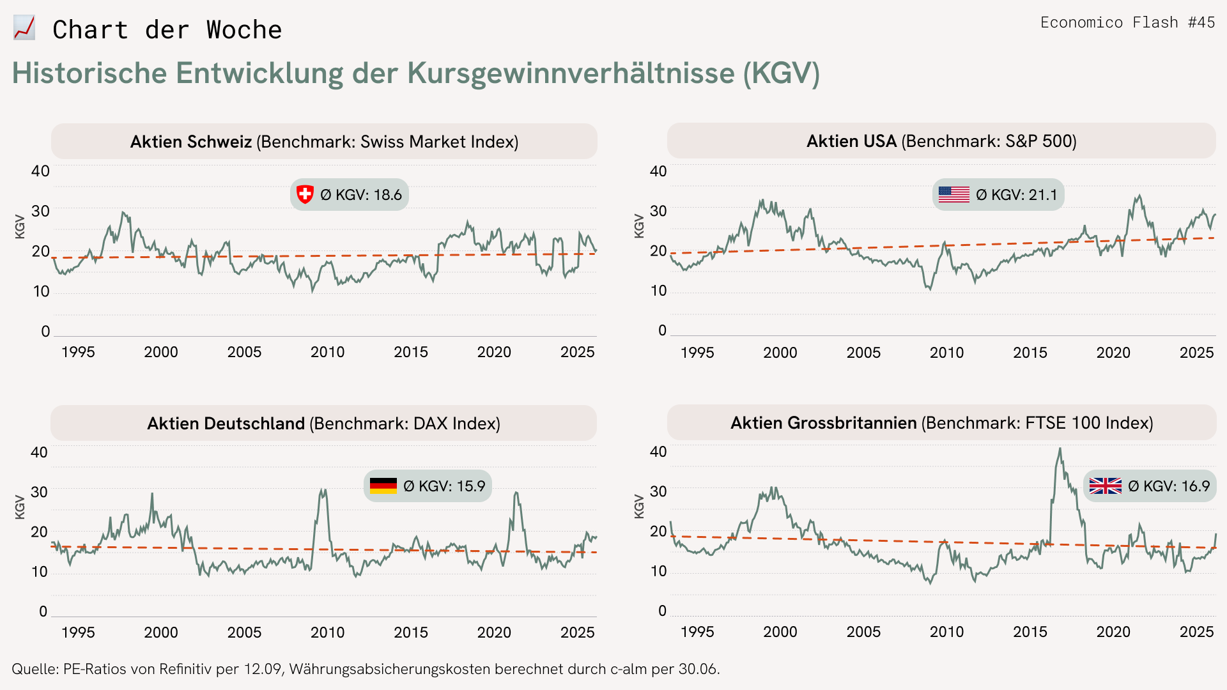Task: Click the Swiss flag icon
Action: click(x=305, y=194)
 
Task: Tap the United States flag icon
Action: click(x=953, y=194)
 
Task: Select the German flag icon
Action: click(x=383, y=486)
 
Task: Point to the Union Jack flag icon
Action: click(x=1105, y=486)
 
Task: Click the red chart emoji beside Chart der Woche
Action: click(x=24, y=29)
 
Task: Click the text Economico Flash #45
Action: click(x=1127, y=22)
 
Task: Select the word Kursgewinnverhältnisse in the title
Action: click(x=571, y=73)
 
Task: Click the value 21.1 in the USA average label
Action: click(x=1043, y=195)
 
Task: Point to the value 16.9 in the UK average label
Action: click(x=1195, y=486)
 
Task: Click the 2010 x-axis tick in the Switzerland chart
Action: click(x=327, y=352)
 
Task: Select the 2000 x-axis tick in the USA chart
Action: click(x=780, y=353)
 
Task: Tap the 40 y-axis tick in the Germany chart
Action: click(x=40, y=452)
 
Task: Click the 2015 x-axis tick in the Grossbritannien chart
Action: click(x=1030, y=632)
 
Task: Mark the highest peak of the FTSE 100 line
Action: click(x=1060, y=449)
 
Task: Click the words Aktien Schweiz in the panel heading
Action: click(x=191, y=142)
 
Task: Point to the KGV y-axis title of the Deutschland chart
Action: click(x=20, y=507)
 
